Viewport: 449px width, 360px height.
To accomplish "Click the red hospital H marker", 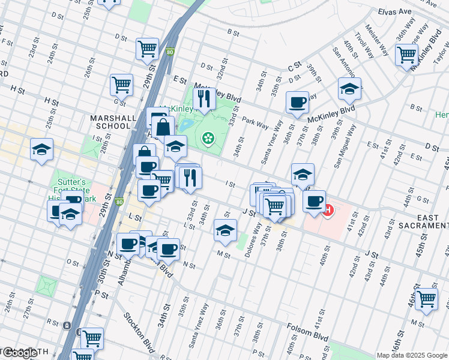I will pyautogui.click(x=328, y=211).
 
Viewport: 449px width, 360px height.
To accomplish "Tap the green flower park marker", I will pyautogui.click(x=208, y=139).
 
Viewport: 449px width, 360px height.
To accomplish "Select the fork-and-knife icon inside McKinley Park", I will pyautogui.click(x=204, y=98).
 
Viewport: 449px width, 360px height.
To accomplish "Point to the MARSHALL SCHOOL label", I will pyautogui.click(x=110, y=122).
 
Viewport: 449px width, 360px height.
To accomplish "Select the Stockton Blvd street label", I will pyautogui.click(x=139, y=332).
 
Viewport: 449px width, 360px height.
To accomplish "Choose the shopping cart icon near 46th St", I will pyautogui.click(x=426, y=299).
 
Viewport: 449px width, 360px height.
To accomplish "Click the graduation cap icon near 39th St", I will pyautogui.click(x=349, y=89).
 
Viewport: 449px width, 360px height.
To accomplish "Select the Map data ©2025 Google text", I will pyautogui.click(x=411, y=355).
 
